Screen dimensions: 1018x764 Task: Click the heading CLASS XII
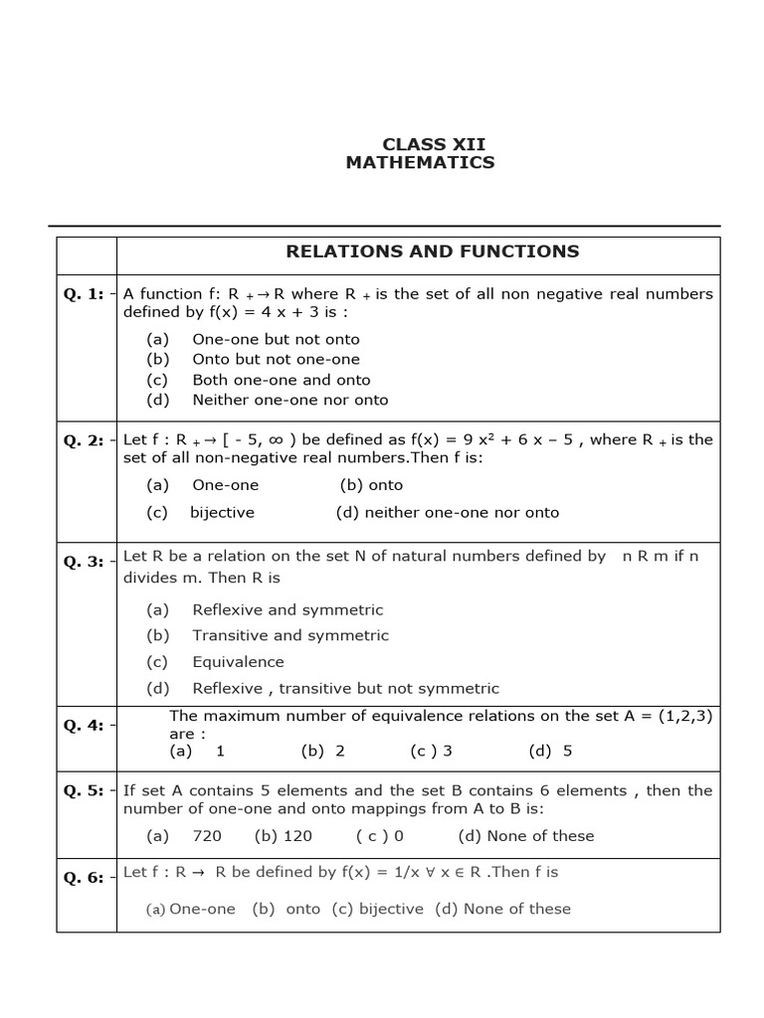pyautogui.click(x=420, y=144)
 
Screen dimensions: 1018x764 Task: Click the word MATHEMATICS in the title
pyautogui.click(x=420, y=162)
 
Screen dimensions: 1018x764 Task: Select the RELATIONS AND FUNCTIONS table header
pyautogui.click(x=432, y=252)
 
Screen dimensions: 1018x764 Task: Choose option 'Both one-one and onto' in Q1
pyautogui.click(x=281, y=380)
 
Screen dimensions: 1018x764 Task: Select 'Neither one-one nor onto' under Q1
pyautogui.click(x=289, y=400)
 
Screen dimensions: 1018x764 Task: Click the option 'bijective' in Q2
pyautogui.click(x=222, y=513)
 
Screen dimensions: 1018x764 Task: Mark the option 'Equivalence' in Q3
pyautogui.click(x=238, y=662)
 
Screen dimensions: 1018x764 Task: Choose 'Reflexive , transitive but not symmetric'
pyautogui.click(x=345, y=688)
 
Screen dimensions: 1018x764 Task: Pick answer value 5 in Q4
pyautogui.click(x=567, y=751)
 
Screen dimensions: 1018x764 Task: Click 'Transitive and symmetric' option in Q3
pyautogui.click(x=289, y=635)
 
